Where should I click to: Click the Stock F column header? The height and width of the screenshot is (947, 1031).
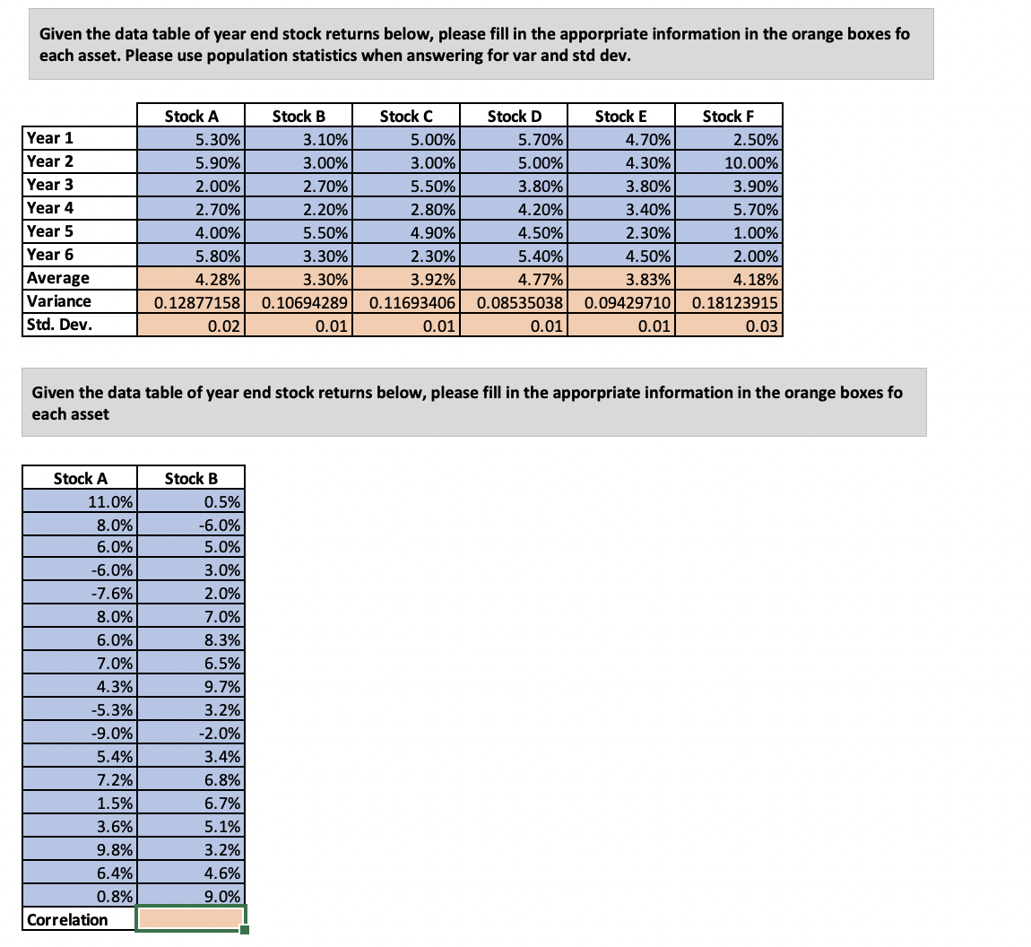[728, 116]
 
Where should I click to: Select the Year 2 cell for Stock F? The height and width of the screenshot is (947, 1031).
[728, 162]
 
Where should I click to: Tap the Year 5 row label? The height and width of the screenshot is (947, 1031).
[50, 230]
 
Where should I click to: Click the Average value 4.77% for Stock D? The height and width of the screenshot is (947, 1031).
[513, 278]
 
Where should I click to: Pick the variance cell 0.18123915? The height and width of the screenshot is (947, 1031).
[728, 301]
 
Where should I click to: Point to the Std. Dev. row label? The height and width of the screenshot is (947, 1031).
[59, 324]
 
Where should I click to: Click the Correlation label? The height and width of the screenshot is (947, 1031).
[68, 919]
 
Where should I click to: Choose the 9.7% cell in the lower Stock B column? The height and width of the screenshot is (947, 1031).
[190, 687]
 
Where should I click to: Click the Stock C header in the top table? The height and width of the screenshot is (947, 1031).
[405, 116]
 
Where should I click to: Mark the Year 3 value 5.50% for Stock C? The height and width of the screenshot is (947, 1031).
[405, 186]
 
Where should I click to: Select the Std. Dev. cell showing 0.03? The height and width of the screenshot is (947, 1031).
[728, 325]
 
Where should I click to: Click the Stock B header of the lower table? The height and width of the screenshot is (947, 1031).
[190, 478]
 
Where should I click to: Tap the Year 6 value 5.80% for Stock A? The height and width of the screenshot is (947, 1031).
[190, 255]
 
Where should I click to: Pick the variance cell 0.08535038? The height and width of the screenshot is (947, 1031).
[513, 301]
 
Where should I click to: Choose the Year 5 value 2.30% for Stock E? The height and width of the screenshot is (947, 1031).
[620, 231]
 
